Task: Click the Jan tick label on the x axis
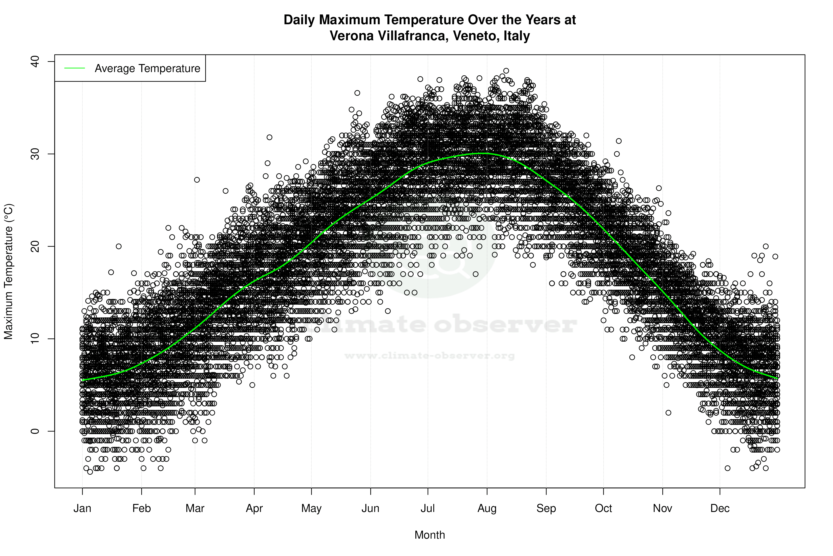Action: coord(82,508)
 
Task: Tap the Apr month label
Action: coord(254,508)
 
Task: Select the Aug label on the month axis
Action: coord(487,508)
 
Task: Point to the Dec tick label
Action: coord(720,508)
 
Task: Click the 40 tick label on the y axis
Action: coord(35,62)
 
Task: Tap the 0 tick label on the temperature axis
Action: coord(35,431)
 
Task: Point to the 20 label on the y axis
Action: coord(35,246)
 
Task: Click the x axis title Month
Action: coord(430,535)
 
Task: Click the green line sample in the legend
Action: coord(75,68)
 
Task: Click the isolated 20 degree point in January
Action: coord(119,246)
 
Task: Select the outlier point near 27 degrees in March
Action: coord(197,180)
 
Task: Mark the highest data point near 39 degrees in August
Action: coord(506,71)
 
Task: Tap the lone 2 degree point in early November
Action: coord(668,413)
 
